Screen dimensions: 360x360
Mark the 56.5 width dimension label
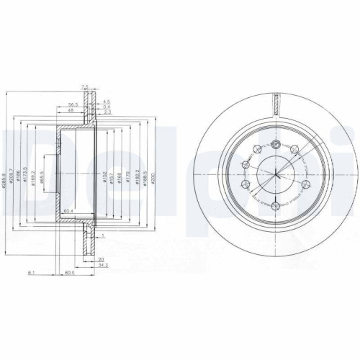pyautogui.click(x=73, y=104)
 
